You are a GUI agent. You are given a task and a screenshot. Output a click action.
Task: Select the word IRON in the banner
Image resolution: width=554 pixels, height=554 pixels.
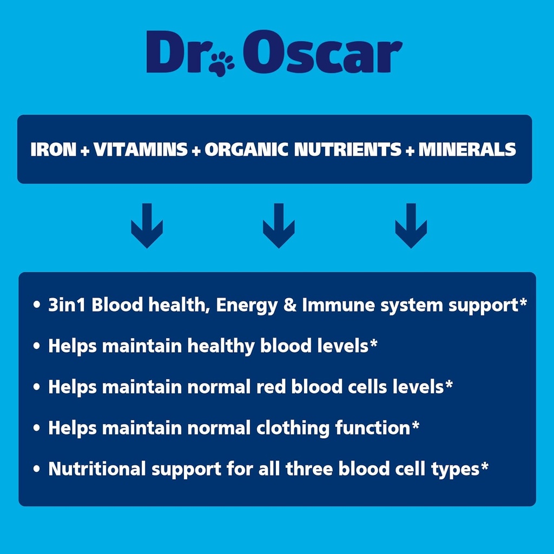[53, 150]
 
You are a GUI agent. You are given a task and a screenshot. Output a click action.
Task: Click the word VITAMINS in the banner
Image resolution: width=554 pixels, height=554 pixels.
[141, 150]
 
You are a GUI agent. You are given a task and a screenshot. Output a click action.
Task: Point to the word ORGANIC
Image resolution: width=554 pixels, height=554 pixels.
[247, 150]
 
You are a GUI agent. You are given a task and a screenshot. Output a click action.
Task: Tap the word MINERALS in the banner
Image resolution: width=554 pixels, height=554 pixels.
[467, 150]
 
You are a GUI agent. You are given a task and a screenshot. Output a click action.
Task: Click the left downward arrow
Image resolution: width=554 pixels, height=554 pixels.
[147, 226]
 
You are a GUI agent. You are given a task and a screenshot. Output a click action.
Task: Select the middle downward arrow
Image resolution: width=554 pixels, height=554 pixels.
[279, 226]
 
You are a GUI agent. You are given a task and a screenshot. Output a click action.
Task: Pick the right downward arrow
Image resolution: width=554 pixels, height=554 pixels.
[411, 226]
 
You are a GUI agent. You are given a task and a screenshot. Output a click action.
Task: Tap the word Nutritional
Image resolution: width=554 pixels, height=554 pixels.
[97, 469]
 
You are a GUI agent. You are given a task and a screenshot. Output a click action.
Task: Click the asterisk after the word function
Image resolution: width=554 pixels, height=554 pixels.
[415, 425]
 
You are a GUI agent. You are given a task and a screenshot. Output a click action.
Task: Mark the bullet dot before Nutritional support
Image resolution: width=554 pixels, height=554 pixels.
[36, 469]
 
